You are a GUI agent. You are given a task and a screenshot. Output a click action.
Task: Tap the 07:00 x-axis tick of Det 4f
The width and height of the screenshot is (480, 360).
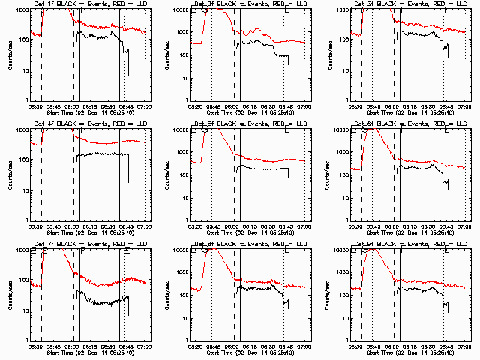[x=145, y=226]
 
